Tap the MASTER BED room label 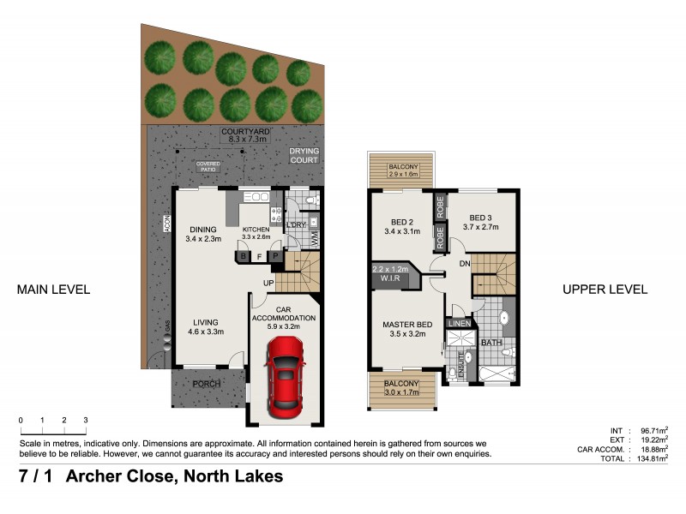pyautogui.click(x=407, y=325)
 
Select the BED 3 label pyautogui.click(x=482, y=218)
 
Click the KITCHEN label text pyautogui.click(x=257, y=230)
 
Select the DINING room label pyautogui.click(x=203, y=229)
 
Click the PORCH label pyautogui.click(x=206, y=384)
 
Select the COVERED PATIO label pyautogui.click(x=208, y=166)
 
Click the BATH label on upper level pyautogui.click(x=490, y=343)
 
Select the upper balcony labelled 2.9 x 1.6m pyautogui.click(x=402, y=170)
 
